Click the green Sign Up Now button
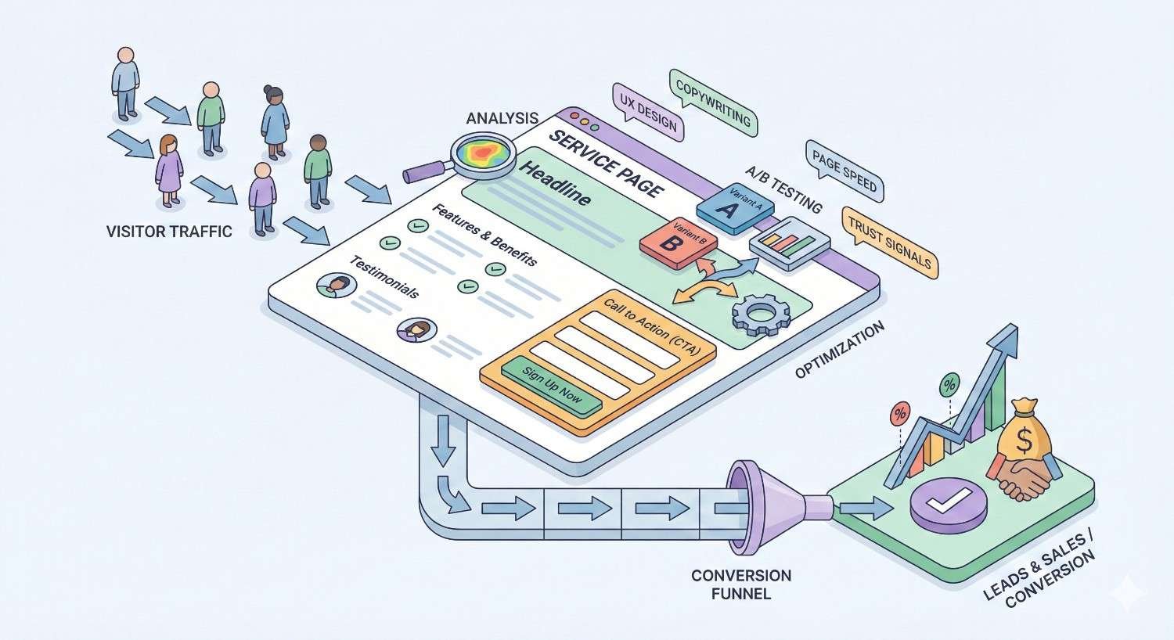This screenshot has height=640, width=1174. pos(551,384)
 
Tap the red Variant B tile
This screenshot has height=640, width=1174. pos(672,242)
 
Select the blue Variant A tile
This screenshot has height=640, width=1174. pos(733,206)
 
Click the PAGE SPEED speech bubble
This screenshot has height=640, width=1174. pos(844,171)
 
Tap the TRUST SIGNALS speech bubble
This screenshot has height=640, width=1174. pos(889,242)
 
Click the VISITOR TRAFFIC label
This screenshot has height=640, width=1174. pos(169,231)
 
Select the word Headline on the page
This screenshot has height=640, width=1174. pos(556,185)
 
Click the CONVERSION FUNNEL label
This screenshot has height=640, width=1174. pos(740,584)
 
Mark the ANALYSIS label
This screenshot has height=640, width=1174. pos(502,118)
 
